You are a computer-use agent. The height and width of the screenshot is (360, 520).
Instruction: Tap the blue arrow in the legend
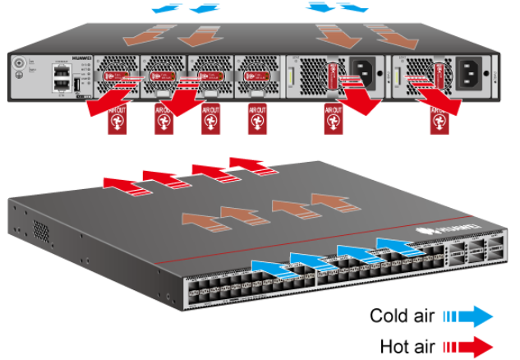coord(470,316)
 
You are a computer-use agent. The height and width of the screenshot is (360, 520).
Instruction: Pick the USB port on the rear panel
coord(76,85)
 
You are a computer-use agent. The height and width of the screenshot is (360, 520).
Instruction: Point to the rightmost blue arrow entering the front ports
coord(397,244)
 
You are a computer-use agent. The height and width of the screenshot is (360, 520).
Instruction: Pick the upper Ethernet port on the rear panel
coord(59,72)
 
